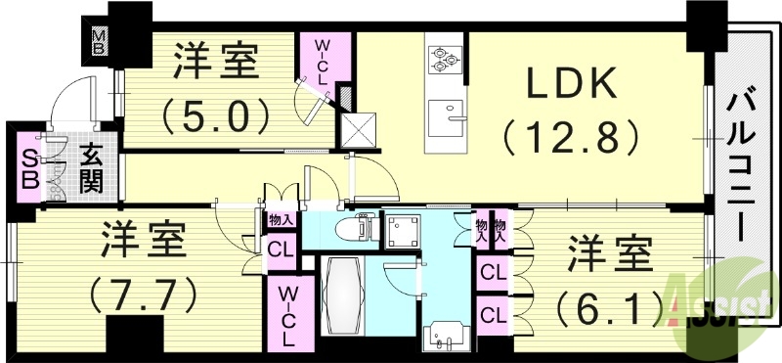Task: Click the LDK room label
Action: tap(573, 85)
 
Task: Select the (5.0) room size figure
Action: tap(216, 116)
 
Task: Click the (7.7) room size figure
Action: tap(144, 291)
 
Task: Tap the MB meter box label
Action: tap(102, 43)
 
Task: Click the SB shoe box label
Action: tap(29, 169)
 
